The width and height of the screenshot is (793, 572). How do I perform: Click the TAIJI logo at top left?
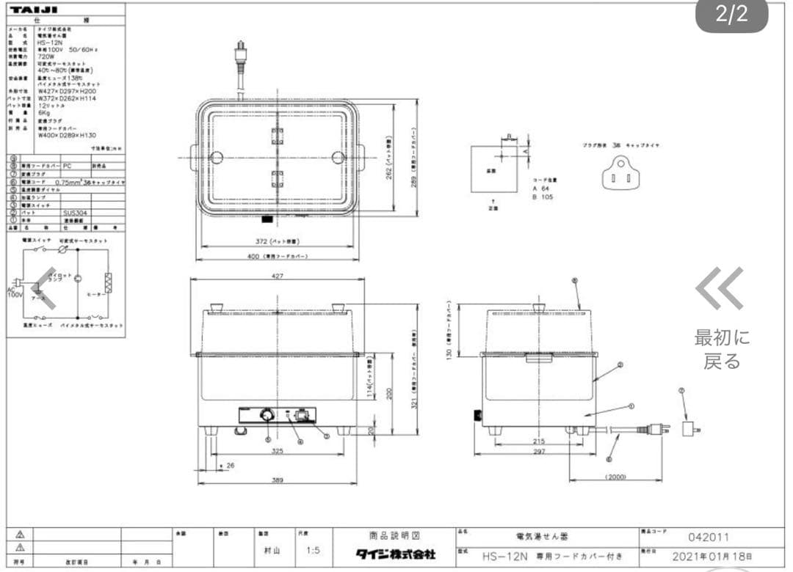(34, 9)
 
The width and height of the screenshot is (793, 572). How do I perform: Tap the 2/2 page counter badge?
(731, 16)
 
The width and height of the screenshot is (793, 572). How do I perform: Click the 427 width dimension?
(277, 276)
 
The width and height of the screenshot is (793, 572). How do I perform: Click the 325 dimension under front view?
(277, 451)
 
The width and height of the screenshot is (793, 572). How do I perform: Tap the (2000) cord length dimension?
(615, 477)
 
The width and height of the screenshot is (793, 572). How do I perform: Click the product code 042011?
(709, 538)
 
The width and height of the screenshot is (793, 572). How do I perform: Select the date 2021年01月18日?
(711, 556)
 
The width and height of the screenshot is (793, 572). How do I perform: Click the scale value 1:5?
(314, 550)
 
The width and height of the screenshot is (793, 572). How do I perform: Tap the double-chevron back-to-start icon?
(720, 289)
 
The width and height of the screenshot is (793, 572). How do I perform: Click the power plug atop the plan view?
(240, 54)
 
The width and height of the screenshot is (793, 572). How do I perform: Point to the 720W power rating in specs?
(47, 56)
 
